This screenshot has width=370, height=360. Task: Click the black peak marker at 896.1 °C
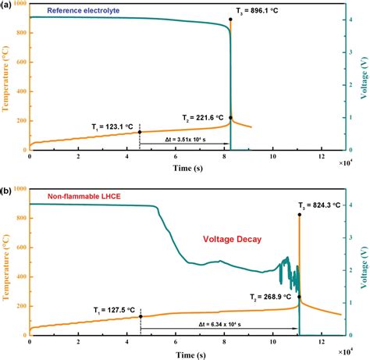[x=230, y=20]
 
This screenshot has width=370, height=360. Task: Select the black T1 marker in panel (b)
[x=141, y=316]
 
